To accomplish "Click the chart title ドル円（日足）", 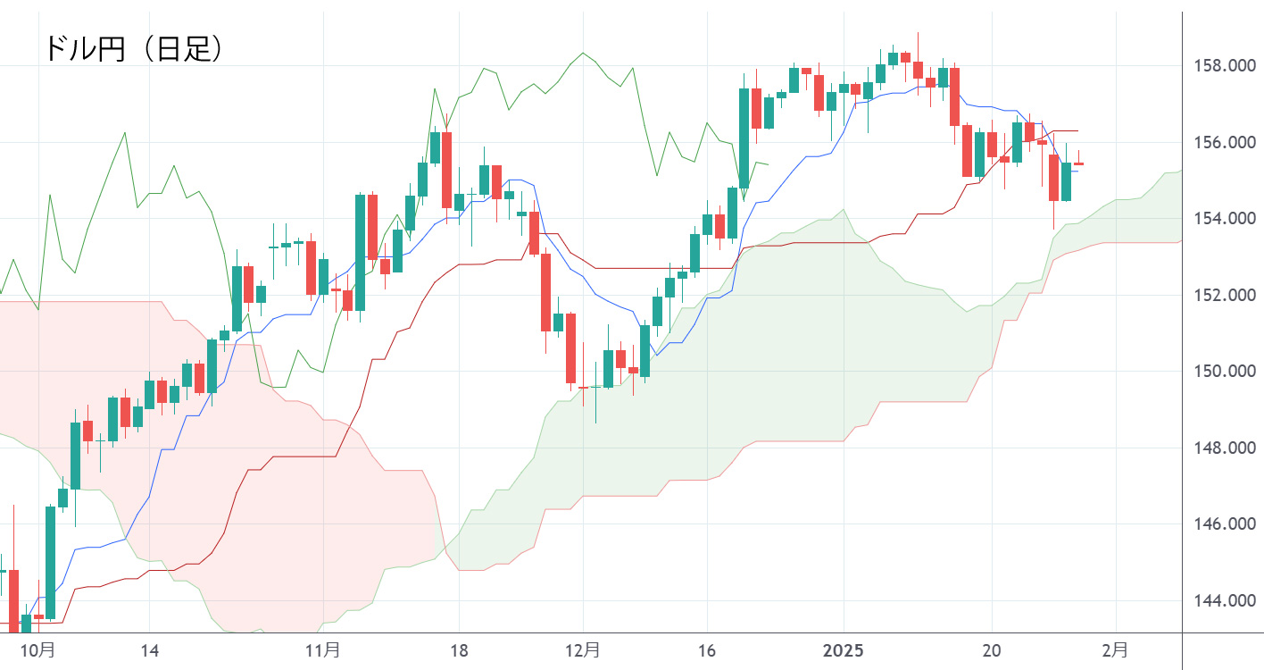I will [x=133, y=48].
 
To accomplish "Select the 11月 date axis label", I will [x=322, y=649].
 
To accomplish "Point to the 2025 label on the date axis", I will [x=844, y=649].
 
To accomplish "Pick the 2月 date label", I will [x=1115, y=649].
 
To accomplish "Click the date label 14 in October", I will [x=149, y=649].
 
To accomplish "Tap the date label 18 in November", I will [x=459, y=649].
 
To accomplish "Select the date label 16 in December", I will [x=706, y=649].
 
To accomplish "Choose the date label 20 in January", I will [x=992, y=649].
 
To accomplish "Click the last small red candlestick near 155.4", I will [x=1078, y=163].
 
